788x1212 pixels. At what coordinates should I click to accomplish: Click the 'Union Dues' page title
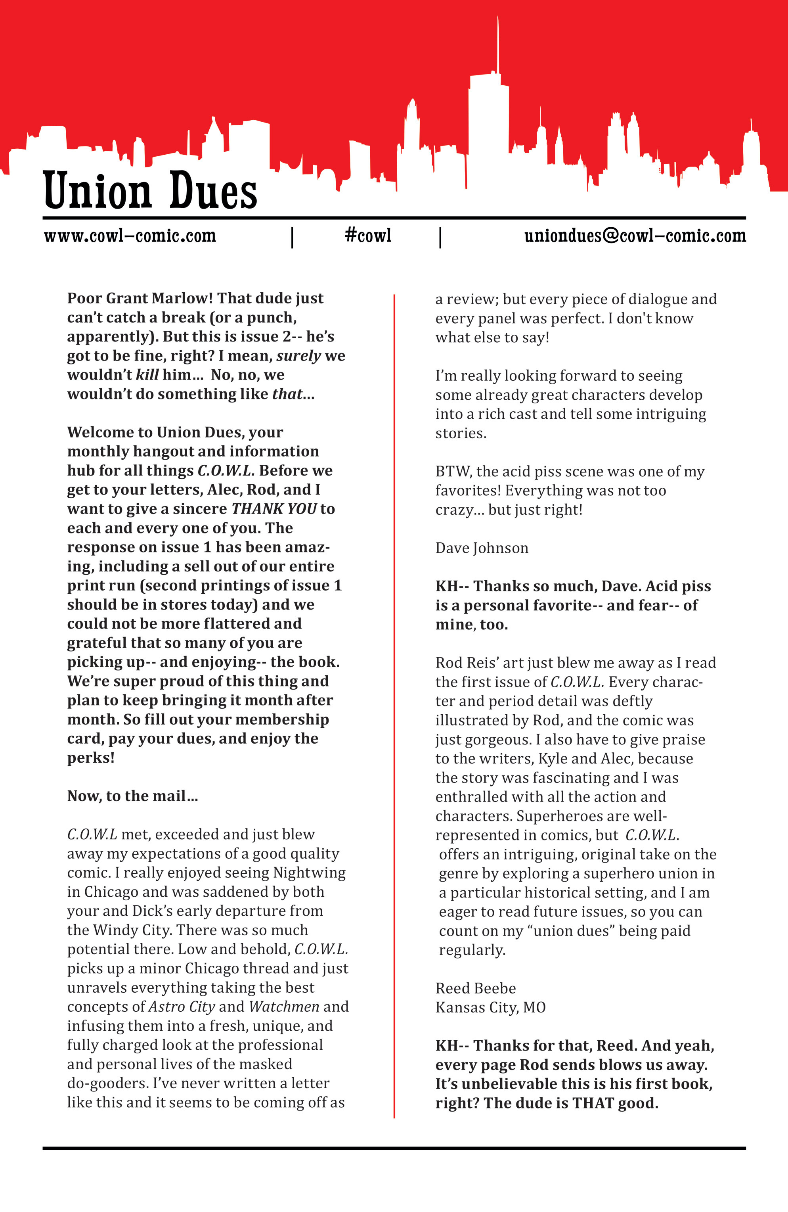coord(150,190)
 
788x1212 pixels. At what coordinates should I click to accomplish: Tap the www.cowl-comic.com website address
coord(130,236)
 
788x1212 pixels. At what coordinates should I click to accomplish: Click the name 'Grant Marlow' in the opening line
coord(159,298)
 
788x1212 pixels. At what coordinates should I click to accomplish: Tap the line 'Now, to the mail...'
coord(132,796)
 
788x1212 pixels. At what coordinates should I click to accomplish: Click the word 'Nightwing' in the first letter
coord(309,873)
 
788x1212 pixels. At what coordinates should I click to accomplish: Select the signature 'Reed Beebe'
coord(475,988)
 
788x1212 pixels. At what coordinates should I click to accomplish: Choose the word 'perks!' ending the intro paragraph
coord(91,758)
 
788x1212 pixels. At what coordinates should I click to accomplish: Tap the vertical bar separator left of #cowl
coord(292,237)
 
